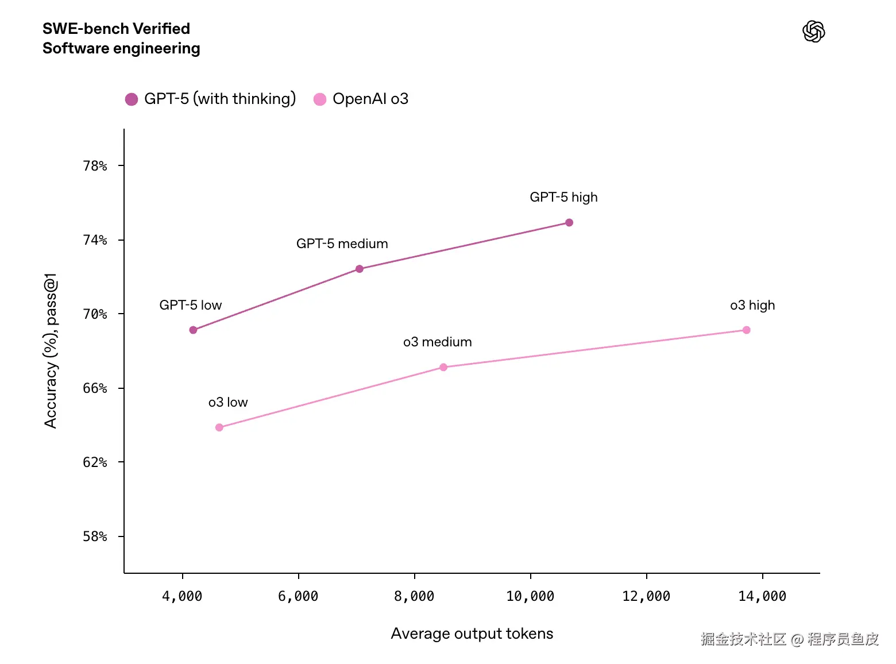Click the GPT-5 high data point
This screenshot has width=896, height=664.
click(x=569, y=223)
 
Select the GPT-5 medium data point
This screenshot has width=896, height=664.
click(x=360, y=269)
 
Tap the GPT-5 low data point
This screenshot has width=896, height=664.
click(x=193, y=330)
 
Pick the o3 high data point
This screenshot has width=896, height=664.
click(x=746, y=330)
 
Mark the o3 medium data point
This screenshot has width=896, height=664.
click(x=443, y=367)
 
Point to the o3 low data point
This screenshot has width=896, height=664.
click(x=219, y=427)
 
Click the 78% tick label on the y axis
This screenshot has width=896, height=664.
click(x=95, y=166)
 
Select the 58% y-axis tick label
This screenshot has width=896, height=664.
click(x=95, y=536)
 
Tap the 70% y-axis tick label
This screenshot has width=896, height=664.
click(x=95, y=314)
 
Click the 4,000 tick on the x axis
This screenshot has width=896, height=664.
click(x=182, y=596)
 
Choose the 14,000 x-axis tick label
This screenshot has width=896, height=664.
click(x=762, y=596)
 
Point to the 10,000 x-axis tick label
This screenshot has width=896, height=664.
click(x=530, y=596)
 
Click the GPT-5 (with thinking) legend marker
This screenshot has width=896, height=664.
click(x=132, y=99)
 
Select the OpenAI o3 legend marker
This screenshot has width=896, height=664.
click(x=320, y=99)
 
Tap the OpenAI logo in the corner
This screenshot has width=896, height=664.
click(x=813, y=32)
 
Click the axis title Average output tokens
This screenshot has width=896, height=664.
click(x=472, y=634)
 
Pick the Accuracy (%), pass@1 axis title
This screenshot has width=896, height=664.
click(x=51, y=350)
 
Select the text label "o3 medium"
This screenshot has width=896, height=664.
click(x=438, y=342)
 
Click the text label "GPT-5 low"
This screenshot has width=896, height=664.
click(x=191, y=305)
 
